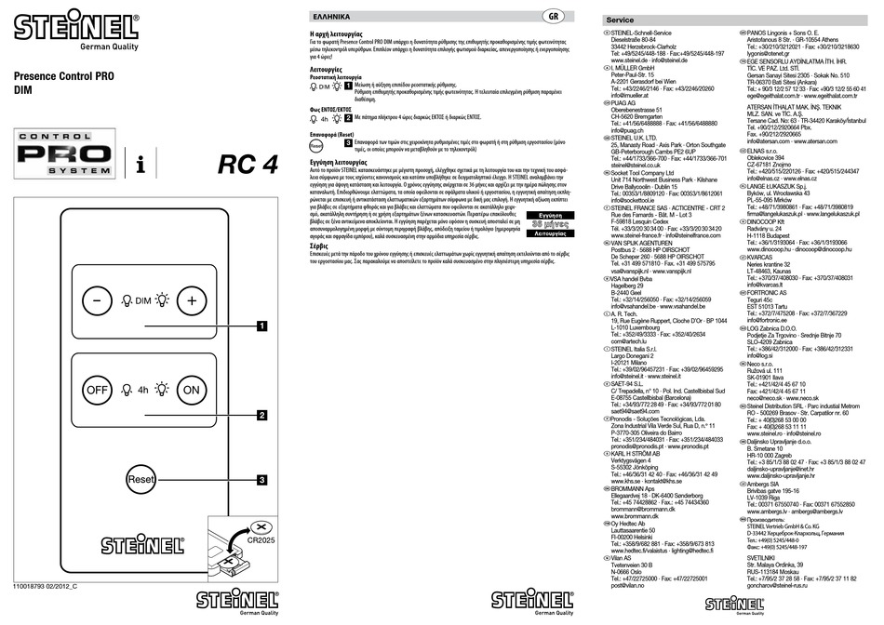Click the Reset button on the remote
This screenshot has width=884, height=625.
point(141,479)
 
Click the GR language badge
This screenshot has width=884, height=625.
point(554,16)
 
